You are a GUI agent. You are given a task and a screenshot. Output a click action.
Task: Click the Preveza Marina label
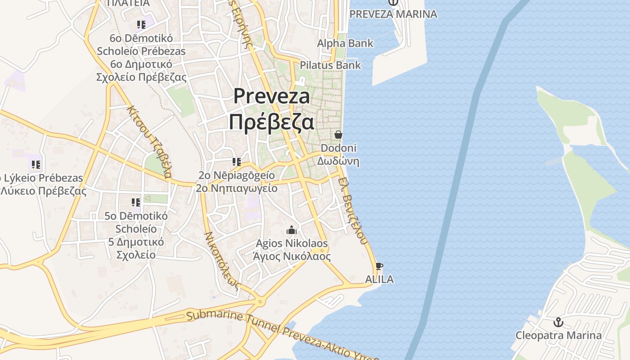point(393,14)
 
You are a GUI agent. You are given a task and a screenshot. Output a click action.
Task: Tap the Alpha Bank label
point(345,43)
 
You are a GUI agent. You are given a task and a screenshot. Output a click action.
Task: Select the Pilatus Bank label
point(330,65)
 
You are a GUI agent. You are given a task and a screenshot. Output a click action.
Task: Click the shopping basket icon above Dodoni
point(338,135)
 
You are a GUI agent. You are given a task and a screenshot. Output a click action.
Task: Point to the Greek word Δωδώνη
point(338,161)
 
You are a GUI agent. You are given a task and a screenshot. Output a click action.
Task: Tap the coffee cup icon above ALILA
point(379,266)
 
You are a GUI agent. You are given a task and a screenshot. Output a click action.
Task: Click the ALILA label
point(379,279)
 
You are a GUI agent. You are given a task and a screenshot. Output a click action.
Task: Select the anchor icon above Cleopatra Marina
point(558,322)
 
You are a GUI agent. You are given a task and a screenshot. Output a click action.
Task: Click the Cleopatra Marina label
point(558,335)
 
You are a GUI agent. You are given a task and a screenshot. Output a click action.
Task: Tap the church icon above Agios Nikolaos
point(292,230)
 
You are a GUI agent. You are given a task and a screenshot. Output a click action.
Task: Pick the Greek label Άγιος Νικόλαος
point(292,256)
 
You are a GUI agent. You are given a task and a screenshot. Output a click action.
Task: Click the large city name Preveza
point(272,96)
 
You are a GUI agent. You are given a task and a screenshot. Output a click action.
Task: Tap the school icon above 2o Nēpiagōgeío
point(236,162)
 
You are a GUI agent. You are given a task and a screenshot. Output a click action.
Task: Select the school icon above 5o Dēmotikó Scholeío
point(135,203)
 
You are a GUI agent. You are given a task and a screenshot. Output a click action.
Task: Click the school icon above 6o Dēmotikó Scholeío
point(141,25)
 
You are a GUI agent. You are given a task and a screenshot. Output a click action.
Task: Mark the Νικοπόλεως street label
point(221,261)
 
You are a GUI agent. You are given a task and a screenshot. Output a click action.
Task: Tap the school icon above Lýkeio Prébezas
point(36,165)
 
